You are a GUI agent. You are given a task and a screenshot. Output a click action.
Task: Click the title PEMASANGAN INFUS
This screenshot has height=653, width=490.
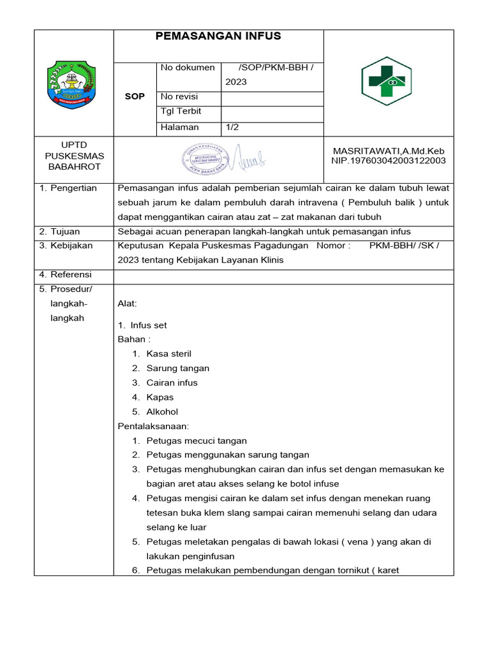(218, 36)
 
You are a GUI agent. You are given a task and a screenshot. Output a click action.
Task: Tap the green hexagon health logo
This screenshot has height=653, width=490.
(387, 81)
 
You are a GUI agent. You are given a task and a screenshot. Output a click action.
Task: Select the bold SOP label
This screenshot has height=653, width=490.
(135, 97)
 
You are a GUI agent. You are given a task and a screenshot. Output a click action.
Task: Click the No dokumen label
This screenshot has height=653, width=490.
(188, 68)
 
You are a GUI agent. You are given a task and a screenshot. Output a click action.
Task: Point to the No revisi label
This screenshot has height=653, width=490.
(179, 97)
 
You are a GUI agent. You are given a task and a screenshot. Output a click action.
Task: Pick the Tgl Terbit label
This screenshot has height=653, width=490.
(181, 111)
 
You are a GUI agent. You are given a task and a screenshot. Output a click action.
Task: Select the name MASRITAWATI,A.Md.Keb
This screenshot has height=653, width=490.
(389, 151)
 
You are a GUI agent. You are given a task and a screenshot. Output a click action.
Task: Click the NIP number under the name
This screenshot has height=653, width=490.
(389, 161)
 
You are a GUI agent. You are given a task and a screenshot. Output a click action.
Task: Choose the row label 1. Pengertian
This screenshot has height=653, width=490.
(68, 188)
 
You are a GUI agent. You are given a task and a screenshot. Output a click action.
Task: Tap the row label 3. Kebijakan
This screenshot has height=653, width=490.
(66, 246)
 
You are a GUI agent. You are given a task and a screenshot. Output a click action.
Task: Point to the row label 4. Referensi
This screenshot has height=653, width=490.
(66, 275)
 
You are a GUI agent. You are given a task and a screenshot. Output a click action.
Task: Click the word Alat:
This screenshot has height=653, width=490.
(128, 304)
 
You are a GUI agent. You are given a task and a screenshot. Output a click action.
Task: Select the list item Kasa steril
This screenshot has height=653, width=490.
(168, 354)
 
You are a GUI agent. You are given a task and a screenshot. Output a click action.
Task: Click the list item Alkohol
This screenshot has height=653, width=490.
(162, 412)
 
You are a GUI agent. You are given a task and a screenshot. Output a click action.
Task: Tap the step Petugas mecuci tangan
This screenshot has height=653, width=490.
(197, 441)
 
